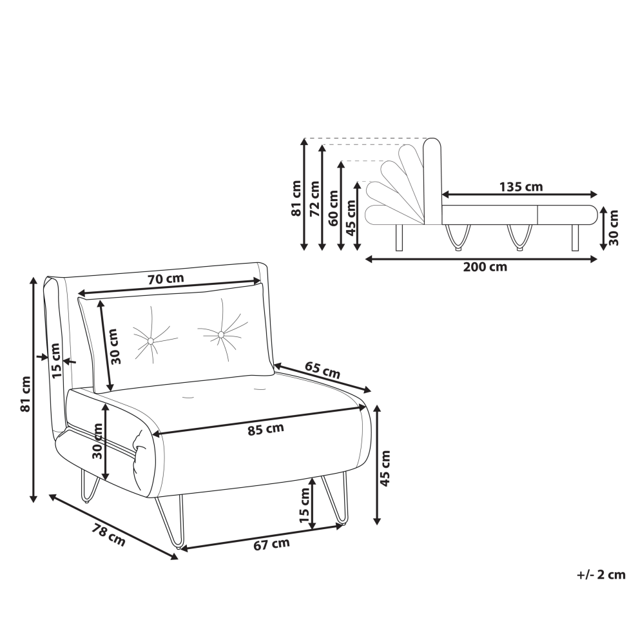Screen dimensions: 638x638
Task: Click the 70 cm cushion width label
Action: pos(166,278)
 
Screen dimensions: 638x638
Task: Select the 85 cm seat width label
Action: pos(266,429)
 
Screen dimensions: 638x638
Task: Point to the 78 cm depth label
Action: pos(108,535)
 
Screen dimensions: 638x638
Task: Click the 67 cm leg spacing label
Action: pos(271,544)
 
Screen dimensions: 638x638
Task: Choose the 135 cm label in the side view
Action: pos(521,187)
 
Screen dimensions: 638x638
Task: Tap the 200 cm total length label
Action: pos(485,267)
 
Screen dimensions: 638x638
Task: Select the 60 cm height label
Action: pos(333,208)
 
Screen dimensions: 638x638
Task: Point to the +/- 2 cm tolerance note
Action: pos(601,575)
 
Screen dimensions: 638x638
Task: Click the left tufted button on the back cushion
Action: pos(151,340)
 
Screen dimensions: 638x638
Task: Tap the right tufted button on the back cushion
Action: pos(221,334)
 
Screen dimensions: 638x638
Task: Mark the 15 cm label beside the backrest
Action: pos(55,360)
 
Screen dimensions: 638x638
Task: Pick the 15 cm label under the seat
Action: pos(305,505)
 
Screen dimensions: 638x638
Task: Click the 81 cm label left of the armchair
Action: pos(26,394)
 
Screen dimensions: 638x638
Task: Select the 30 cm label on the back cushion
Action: pos(115,346)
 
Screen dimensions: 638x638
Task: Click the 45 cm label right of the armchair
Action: pos(385,468)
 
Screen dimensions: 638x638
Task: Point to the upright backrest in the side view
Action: pos(432,182)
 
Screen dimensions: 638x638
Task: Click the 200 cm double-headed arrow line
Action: pos(481,259)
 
